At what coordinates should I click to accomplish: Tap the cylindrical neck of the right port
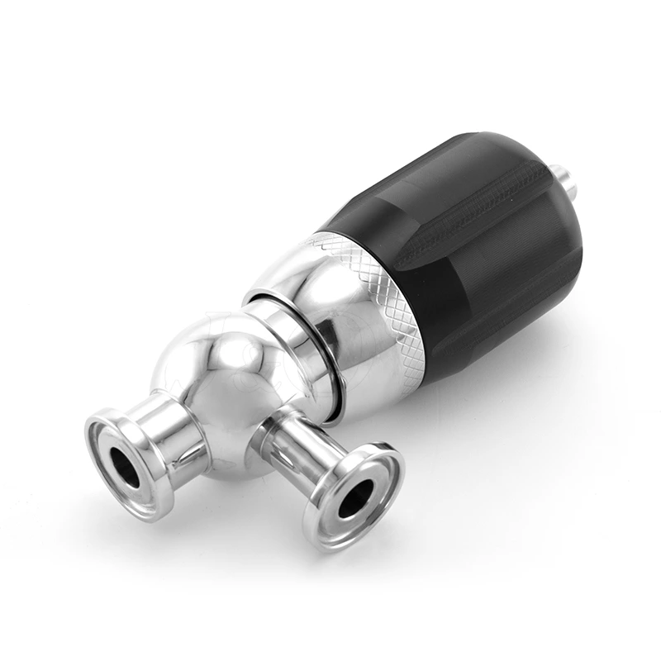coord(293,450)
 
